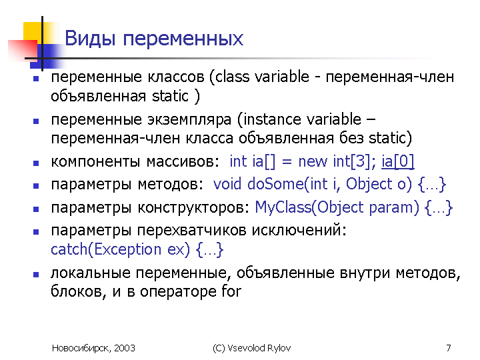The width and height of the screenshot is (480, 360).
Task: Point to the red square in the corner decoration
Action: [22, 51]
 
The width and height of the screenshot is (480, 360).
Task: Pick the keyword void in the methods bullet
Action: [228, 184]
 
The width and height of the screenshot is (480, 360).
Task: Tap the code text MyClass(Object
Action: [303, 207]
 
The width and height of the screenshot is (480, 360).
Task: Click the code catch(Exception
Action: [98, 250]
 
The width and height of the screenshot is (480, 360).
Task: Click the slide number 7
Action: [449, 348]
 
